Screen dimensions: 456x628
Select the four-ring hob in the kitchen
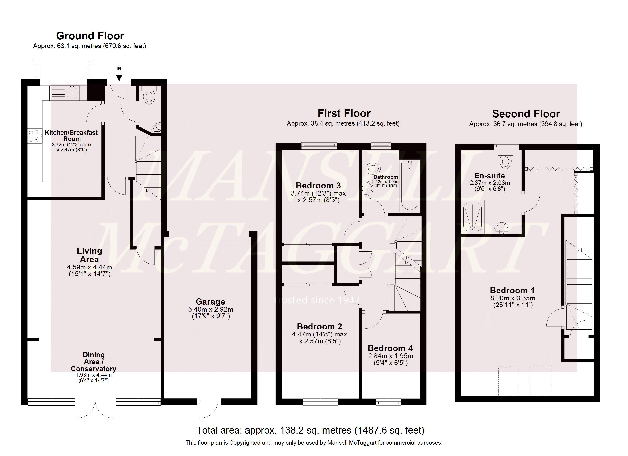coord(34,136)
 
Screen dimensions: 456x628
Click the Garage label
coord(210,302)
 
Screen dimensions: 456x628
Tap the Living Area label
coord(89,255)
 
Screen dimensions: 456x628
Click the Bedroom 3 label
coord(318,186)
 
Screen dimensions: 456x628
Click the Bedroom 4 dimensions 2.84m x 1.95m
coord(391,356)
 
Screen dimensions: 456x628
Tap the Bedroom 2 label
coord(319,327)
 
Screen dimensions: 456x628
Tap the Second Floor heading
coord(526,114)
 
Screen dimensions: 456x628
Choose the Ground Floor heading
coord(90,36)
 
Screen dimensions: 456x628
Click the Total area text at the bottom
coord(310,430)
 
